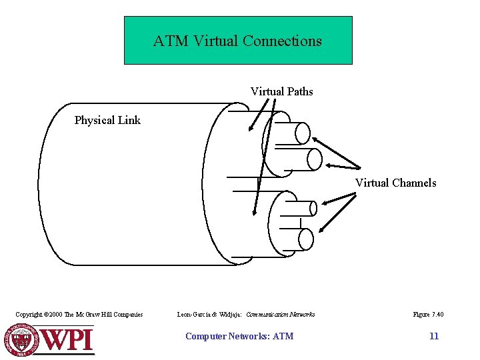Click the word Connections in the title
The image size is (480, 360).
click(x=282, y=41)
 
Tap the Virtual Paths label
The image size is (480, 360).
click(x=281, y=91)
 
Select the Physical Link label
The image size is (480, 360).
click(x=107, y=121)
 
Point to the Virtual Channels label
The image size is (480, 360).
click(x=395, y=183)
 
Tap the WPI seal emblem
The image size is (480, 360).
click(x=23, y=339)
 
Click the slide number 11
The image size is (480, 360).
click(x=434, y=336)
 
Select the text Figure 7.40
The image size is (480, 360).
click(x=428, y=315)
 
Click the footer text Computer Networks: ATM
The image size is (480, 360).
click(x=239, y=336)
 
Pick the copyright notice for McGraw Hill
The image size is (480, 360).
click(x=79, y=315)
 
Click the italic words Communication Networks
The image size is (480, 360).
click(x=280, y=315)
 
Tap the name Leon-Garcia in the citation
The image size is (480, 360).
click(x=195, y=315)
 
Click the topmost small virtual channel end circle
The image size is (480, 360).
click(x=303, y=133)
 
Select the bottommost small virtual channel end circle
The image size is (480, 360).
click(x=306, y=239)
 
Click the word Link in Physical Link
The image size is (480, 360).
click(x=129, y=121)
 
